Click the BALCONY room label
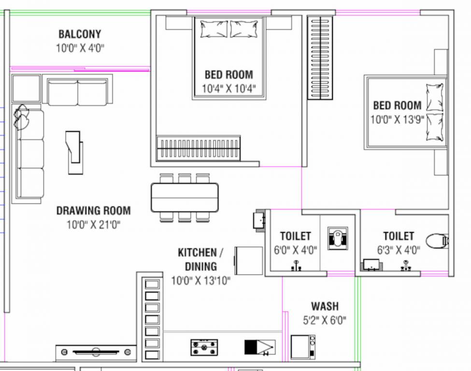(80, 34)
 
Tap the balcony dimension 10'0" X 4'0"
(80, 48)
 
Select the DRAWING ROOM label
(93, 211)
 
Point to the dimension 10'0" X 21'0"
(93, 225)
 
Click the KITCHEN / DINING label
(200, 259)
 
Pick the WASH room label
(325, 306)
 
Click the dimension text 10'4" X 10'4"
(229, 88)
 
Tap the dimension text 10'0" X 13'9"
(397, 120)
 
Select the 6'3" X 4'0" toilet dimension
(399, 250)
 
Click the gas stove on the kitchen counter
(204, 347)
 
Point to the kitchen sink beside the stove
(260, 347)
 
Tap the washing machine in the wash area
(303, 347)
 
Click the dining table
(185, 198)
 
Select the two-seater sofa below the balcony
(77, 92)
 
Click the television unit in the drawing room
(96, 352)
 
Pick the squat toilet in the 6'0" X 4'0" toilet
(338, 238)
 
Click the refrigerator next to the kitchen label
(249, 261)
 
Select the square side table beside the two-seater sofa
(26, 88)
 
